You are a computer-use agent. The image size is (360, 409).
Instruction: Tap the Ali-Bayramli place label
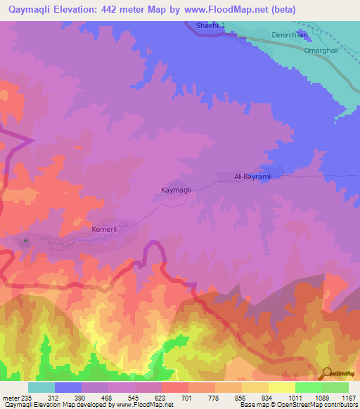click(252, 177)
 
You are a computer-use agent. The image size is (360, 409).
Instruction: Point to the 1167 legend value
click(340, 397)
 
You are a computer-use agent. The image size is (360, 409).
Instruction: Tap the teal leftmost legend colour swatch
click(41, 387)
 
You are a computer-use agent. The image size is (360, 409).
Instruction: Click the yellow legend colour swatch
click(281, 387)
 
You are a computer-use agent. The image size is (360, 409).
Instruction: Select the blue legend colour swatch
click(68, 387)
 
